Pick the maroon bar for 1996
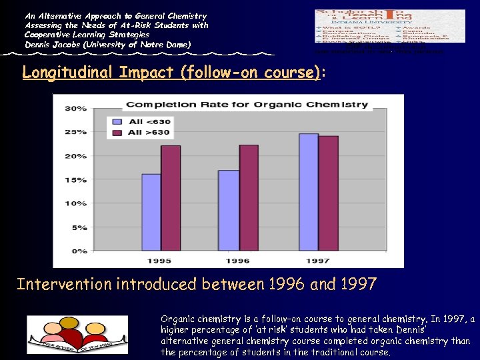[249, 198]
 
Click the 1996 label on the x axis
[238, 261]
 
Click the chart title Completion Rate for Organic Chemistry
[247, 104]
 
